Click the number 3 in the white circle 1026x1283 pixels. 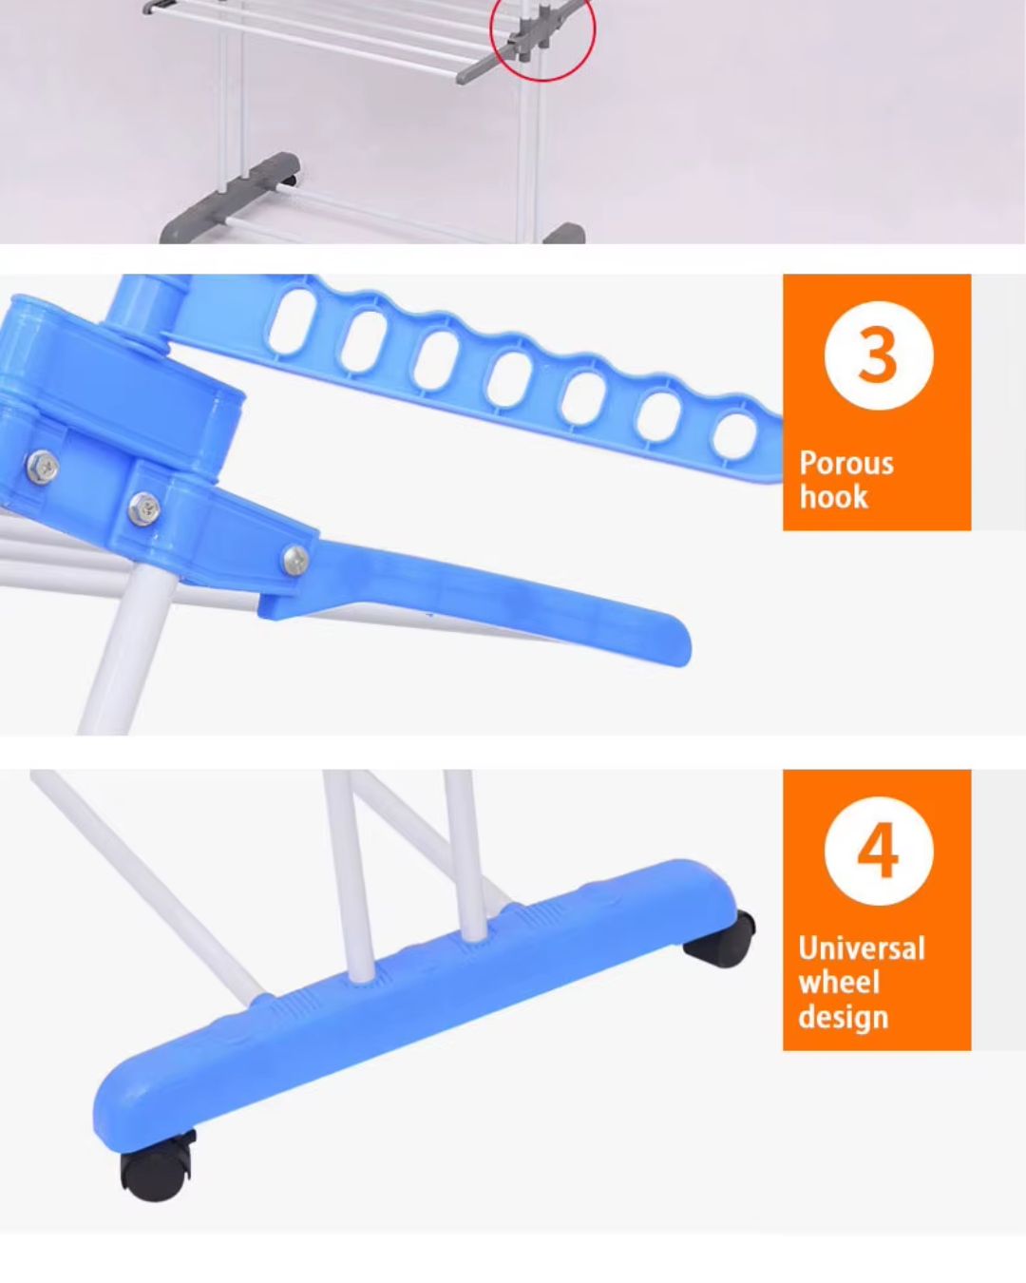[878, 356]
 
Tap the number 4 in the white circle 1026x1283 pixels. [878, 851]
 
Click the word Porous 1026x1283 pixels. [845, 463]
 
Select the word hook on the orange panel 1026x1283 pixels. [833, 497]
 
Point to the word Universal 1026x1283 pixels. [862, 948]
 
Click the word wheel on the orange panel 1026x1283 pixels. [838, 982]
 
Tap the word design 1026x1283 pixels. [843, 1018]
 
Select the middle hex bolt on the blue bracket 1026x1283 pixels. [144, 508]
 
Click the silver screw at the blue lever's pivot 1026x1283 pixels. [295, 560]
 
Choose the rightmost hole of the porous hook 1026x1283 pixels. [735, 437]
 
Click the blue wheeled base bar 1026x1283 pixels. [417, 1007]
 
